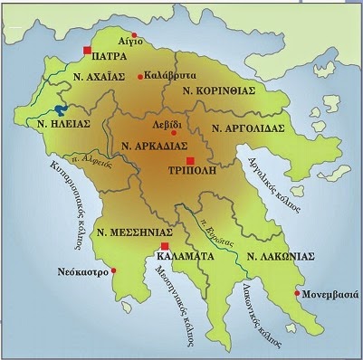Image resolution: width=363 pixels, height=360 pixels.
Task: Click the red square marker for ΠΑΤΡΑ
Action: tap(88, 50)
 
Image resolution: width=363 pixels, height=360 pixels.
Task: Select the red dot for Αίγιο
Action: tap(135, 34)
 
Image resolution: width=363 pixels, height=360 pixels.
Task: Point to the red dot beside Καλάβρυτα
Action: tap(140, 76)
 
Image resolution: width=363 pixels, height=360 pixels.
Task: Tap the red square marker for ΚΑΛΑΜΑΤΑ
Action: tap(164, 245)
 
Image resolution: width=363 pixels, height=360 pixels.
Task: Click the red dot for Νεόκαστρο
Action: tap(113, 270)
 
